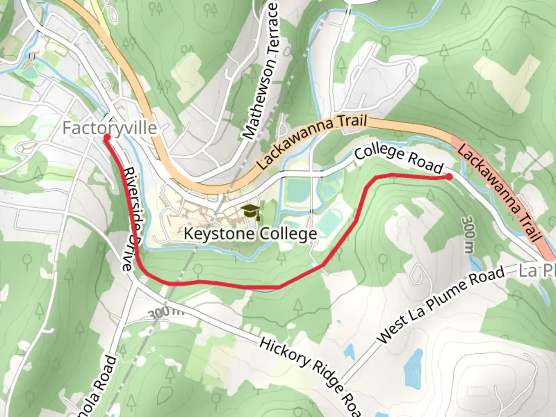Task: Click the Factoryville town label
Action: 110,128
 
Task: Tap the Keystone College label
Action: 250,234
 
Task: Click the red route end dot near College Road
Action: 449,177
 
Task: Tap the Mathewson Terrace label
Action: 261,71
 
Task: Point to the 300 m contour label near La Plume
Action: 468,234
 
